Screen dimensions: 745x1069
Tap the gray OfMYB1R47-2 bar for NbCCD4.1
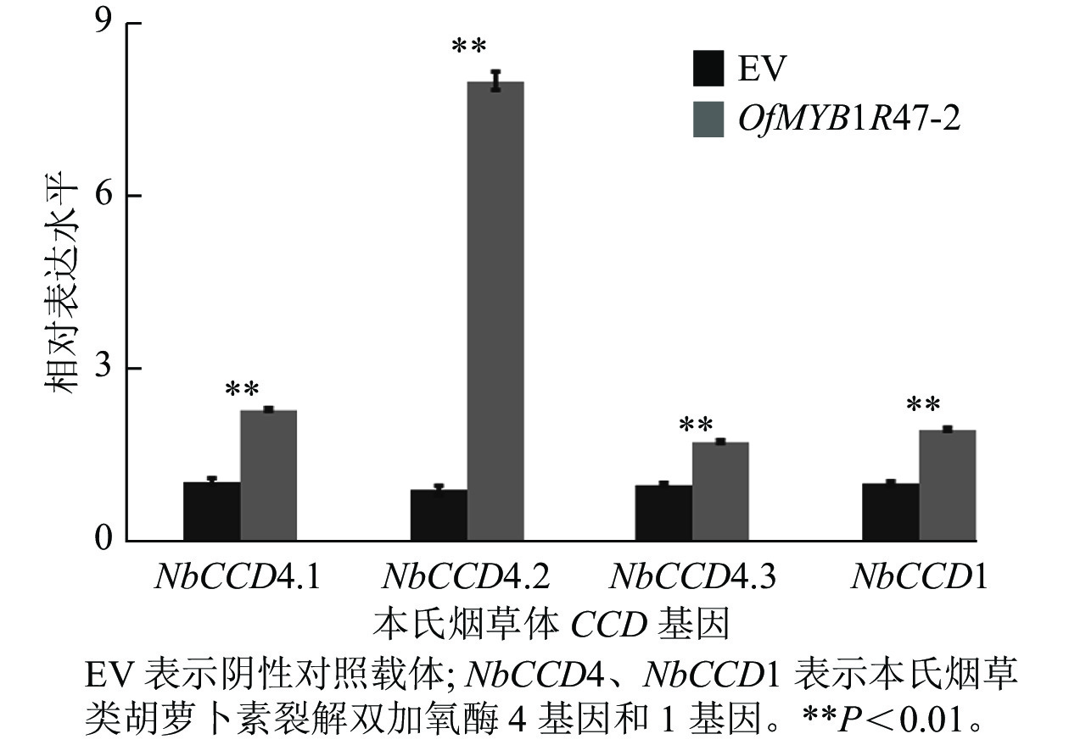[x=269, y=475]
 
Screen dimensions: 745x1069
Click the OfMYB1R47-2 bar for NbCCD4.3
[x=720, y=491]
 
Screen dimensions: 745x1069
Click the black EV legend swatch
[x=708, y=69]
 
